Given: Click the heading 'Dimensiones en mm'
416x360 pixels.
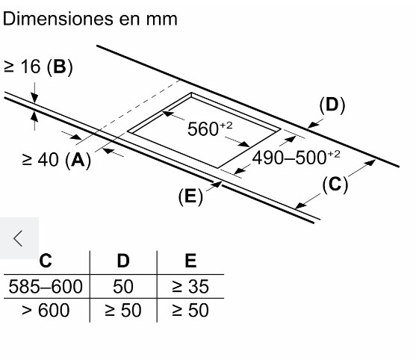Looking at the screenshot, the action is (90, 19).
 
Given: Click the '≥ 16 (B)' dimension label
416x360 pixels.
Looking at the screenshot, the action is (38, 66).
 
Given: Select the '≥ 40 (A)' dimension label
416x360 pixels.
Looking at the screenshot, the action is (56, 160).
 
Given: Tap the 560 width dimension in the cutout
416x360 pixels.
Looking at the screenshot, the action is (210, 128).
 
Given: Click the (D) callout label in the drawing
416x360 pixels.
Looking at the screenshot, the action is (332, 105).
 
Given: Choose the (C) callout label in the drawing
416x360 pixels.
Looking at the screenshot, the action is (335, 184).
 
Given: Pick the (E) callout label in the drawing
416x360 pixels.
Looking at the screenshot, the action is (190, 196).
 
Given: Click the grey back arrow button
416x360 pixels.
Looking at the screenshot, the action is (19, 238).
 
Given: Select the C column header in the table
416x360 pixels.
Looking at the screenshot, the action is (46, 261).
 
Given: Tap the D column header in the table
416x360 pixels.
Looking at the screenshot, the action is (123, 261).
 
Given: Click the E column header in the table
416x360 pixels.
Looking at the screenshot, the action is (190, 261).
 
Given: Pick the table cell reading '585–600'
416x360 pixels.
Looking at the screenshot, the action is (46, 287).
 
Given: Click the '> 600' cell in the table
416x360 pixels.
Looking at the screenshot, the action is (46, 310).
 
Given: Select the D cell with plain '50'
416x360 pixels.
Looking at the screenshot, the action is (122, 287).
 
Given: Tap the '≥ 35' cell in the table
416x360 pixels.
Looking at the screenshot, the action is (190, 287).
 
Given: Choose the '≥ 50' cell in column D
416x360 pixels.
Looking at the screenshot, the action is (122, 310).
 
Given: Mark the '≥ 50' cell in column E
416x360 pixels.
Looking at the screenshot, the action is (190, 310).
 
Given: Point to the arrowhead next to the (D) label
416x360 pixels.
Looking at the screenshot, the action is (313, 125).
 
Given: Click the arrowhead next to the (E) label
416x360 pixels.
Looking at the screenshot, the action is (217, 184).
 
